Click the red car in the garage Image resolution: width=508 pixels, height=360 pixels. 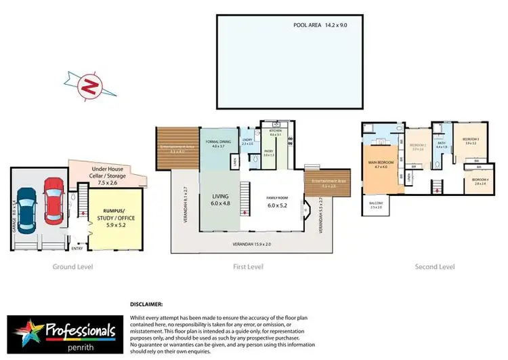53,200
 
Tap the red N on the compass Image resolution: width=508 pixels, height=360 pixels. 87,86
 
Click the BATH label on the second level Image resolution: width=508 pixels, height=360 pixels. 440,143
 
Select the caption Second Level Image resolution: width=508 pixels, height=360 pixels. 434,267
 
